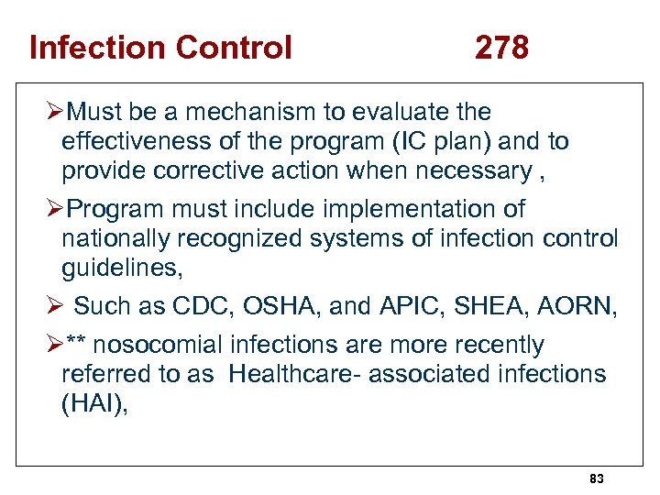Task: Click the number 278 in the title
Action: point(501,47)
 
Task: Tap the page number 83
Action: point(597,479)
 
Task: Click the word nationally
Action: point(115,238)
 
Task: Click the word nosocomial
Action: point(161,345)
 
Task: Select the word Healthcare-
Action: point(290,374)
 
